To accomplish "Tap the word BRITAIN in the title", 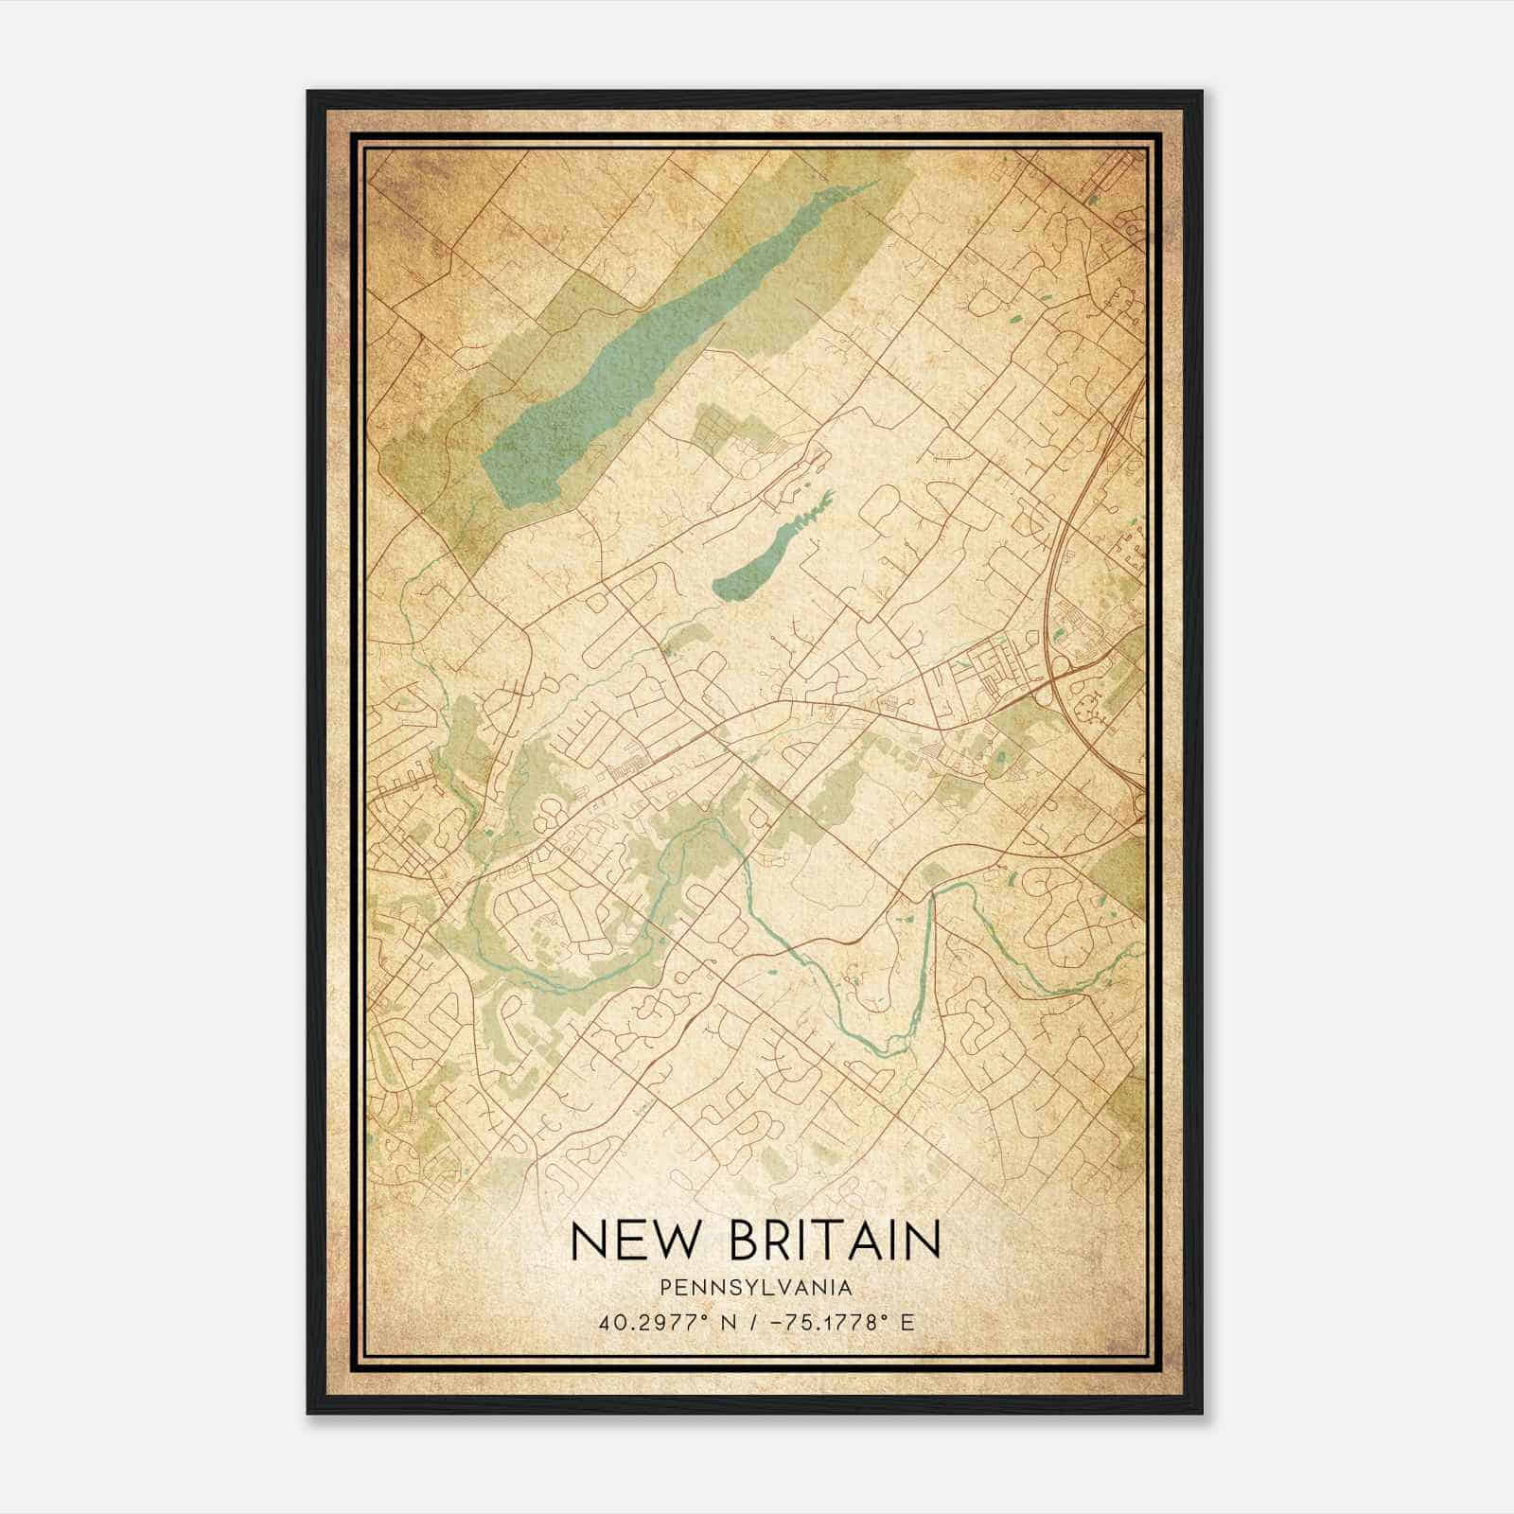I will click(x=835, y=1240).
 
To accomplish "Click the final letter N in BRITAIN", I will click(x=923, y=1240).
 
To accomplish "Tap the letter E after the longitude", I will click(x=908, y=1323).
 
